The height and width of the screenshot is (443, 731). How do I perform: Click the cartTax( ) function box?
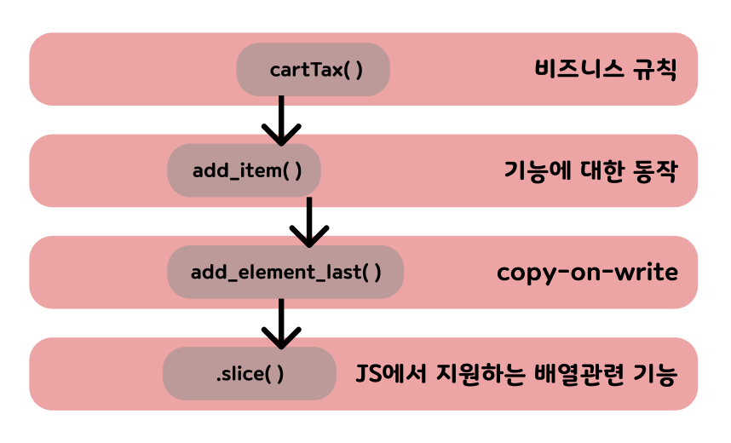pyautogui.click(x=313, y=69)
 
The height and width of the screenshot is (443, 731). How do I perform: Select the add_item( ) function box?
pyautogui.click(x=244, y=170)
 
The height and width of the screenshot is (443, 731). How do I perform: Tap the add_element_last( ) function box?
pyautogui.click(x=285, y=272)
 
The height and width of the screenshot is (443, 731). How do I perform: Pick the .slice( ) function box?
pyautogui.click(x=249, y=373)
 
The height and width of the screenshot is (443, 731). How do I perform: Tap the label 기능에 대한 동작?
pyautogui.click(x=590, y=170)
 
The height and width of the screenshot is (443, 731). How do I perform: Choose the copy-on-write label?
pyautogui.click(x=587, y=272)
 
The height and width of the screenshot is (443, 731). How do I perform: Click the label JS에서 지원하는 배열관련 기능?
pyautogui.click(x=516, y=373)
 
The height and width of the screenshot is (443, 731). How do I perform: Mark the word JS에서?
pyautogui.click(x=389, y=373)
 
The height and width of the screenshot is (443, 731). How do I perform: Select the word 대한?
pyautogui.click(x=601, y=170)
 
